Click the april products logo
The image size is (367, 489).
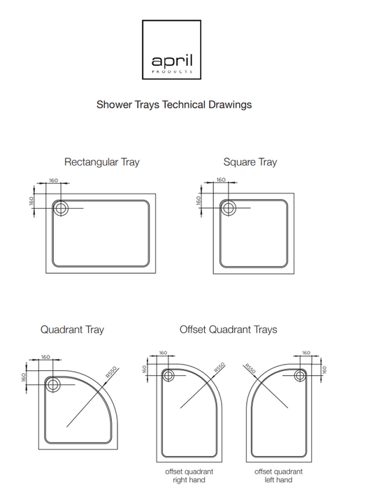(173, 50)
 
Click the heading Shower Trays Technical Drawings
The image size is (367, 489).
(173, 105)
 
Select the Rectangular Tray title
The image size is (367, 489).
(101, 162)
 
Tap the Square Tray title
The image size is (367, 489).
(250, 162)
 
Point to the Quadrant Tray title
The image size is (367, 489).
(72, 329)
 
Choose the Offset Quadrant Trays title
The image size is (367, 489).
(228, 329)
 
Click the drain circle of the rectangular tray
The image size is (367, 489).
(60, 207)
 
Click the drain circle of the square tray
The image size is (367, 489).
(226, 207)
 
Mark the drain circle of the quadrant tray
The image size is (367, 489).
(52, 383)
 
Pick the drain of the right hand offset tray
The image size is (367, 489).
(168, 375)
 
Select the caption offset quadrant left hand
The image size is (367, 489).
(278, 476)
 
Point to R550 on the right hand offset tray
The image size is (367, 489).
(219, 367)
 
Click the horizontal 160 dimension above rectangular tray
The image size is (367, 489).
(54, 181)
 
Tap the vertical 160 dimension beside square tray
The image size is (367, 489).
(199, 200)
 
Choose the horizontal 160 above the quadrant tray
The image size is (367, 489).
(46, 356)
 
